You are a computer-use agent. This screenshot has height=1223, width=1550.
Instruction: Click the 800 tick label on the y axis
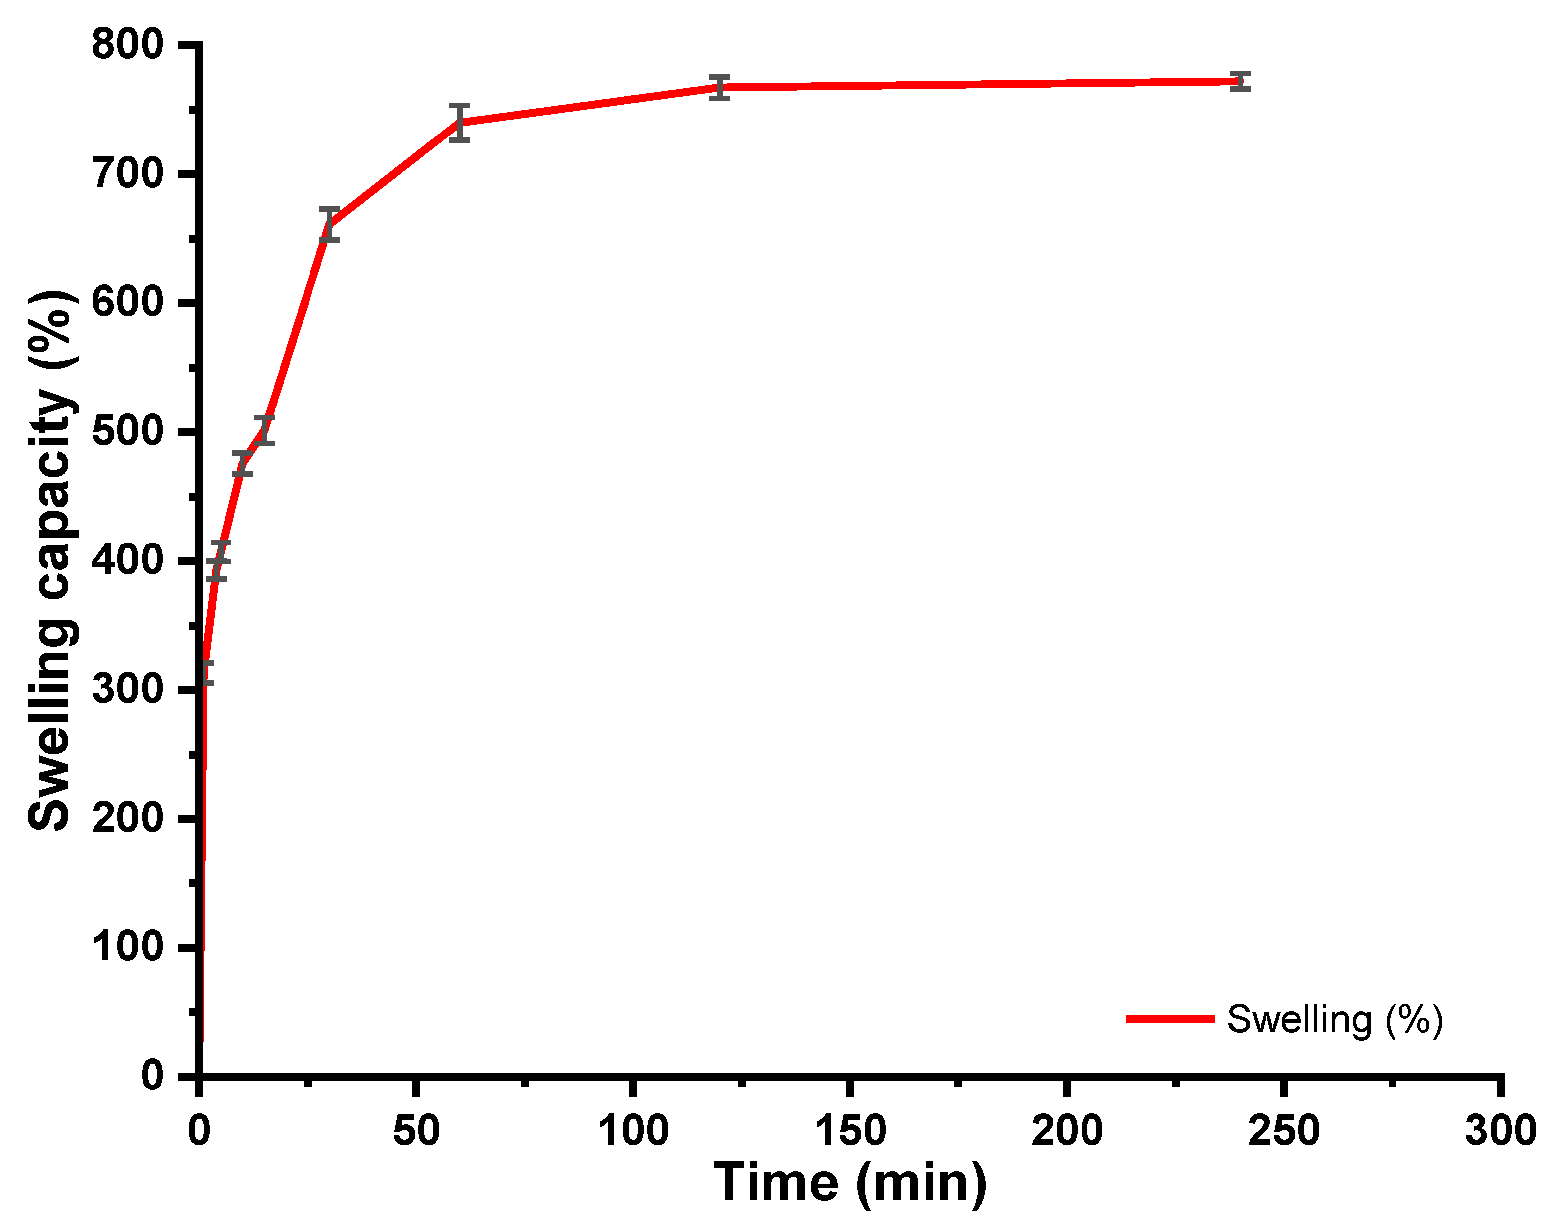tap(128, 45)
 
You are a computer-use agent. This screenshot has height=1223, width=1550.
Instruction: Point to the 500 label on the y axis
tap(128, 432)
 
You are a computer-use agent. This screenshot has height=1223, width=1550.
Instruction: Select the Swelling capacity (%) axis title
tap(50, 560)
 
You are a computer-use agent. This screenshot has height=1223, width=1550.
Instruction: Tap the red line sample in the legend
tap(1170, 1019)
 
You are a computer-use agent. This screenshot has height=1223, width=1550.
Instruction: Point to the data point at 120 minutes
tap(720, 87)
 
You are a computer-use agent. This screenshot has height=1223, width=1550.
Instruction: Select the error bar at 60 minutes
tap(459, 123)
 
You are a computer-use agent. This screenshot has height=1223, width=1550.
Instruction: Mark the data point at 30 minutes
tap(329, 225)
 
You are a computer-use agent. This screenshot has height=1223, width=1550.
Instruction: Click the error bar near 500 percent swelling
tap(264, 430)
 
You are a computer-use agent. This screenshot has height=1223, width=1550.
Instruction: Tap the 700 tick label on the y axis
tap(128, 175)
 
